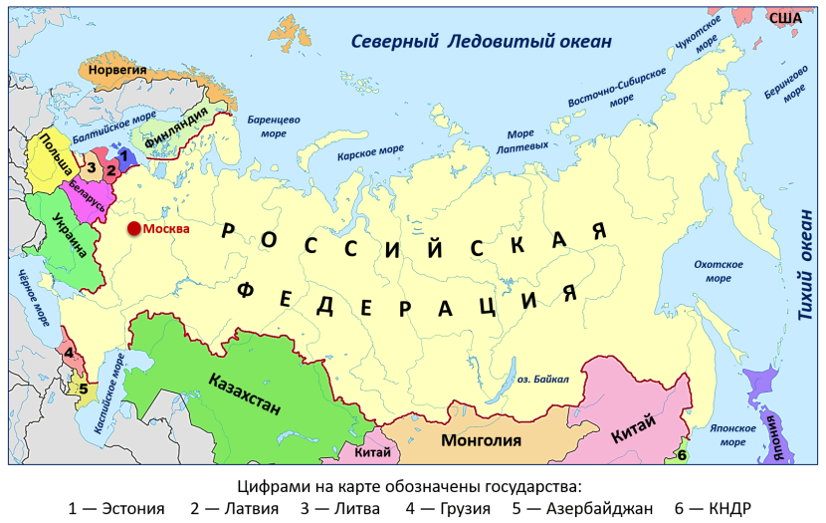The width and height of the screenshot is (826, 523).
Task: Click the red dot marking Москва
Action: [x=133, y=229]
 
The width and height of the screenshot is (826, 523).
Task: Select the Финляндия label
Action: [x=176, y=130]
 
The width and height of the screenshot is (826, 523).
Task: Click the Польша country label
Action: [x=55, y=158]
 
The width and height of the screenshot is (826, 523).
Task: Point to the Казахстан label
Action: [x=245, y=392]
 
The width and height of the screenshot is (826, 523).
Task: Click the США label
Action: [x=785, y=18]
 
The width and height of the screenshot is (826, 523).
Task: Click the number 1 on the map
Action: [x=123, y=155]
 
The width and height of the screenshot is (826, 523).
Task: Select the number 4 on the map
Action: [x=69, y=352]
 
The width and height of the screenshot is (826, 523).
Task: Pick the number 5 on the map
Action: [x=83, y=389]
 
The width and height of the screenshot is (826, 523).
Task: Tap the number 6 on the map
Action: [x=682, y=456]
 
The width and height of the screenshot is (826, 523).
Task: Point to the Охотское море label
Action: [x=718, y=271]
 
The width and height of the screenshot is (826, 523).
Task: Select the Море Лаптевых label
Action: [x=527, y=139]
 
